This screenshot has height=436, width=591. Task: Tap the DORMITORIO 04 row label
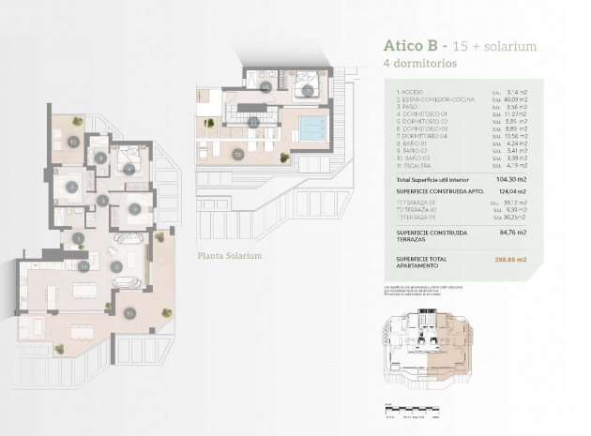(428, 135)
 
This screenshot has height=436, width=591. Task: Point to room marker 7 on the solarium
(308, 91)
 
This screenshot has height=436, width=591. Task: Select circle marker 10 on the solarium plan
(265, 87)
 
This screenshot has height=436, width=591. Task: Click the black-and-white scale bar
(412, 406)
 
